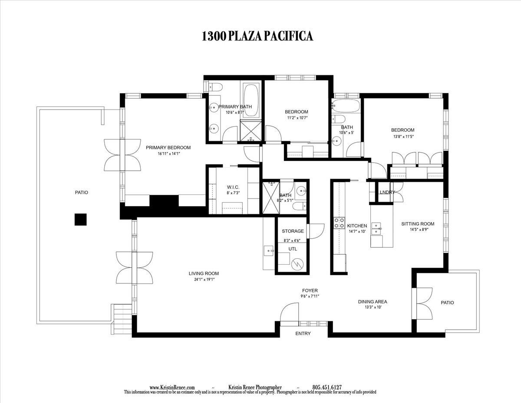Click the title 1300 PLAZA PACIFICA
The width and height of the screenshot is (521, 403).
click(257, 36)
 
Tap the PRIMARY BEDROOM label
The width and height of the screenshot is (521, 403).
click(168, 147)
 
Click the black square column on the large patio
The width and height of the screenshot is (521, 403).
click(80, 220)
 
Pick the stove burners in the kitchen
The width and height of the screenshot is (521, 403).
click(339, 223)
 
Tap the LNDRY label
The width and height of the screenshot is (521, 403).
click(386, 192)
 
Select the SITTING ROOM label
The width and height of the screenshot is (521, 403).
click(417, 224)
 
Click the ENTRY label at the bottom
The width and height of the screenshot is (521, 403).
click(303, 333)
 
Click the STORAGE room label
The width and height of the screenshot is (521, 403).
click(293, 231)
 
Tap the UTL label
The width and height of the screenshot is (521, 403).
click(293, 249)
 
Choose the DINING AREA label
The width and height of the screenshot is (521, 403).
click(373, 302)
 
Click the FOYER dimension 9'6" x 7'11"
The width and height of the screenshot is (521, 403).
click(310, 296)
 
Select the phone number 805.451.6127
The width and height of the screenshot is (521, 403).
click(327, 387)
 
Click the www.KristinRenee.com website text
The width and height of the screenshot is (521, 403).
click(172, 387)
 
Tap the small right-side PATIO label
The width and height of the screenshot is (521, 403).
click(447, 303)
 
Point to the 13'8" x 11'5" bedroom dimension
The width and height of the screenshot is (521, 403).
click(402, 136)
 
